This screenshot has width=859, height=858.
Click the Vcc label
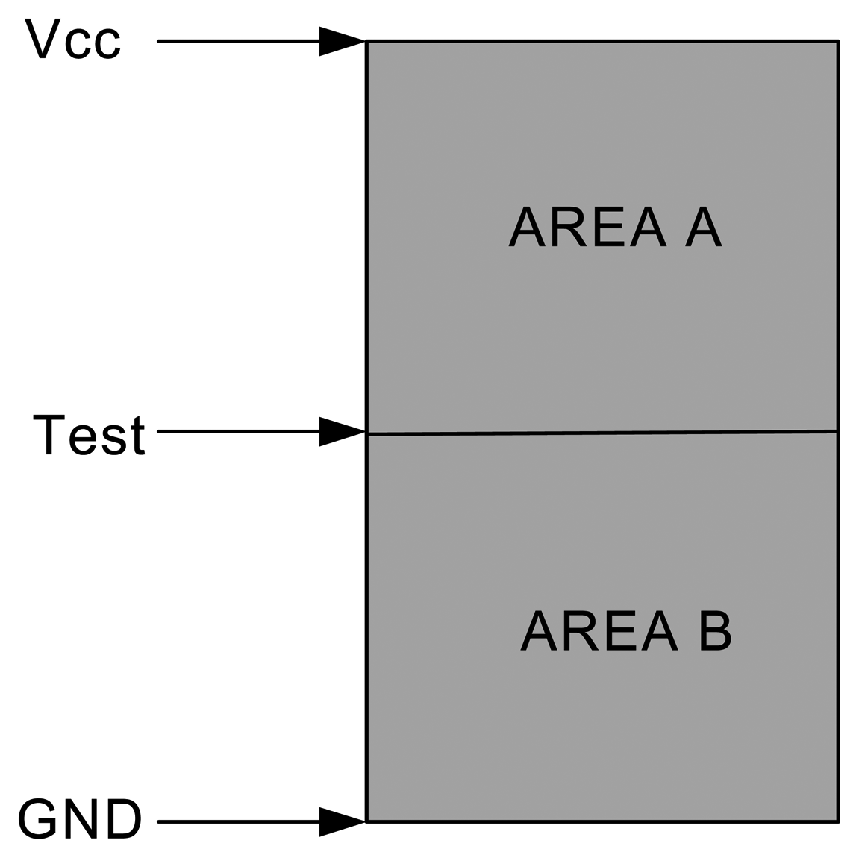[x=73, y=40]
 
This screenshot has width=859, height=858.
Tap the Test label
[x=89, y=434]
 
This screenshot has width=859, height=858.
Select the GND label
[x=80, y=819]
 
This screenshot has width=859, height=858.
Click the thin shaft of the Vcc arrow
[x=239, y=41]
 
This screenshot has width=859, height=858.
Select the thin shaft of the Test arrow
[x=239, y=431]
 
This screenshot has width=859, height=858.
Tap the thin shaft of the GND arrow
[x=239, y=821]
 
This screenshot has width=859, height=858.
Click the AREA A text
[x=615, y=227]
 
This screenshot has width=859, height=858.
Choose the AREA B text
[x=625, y=631]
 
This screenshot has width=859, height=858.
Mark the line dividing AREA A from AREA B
[x=602, y=433]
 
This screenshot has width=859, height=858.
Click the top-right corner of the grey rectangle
[x=837, y=42]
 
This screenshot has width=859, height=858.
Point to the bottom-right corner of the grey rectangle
[x=837, y=821]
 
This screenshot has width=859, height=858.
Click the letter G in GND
[x=37, y=819]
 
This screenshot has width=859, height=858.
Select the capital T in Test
[x=50, y=434]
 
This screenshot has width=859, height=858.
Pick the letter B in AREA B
[x=716, y=631]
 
